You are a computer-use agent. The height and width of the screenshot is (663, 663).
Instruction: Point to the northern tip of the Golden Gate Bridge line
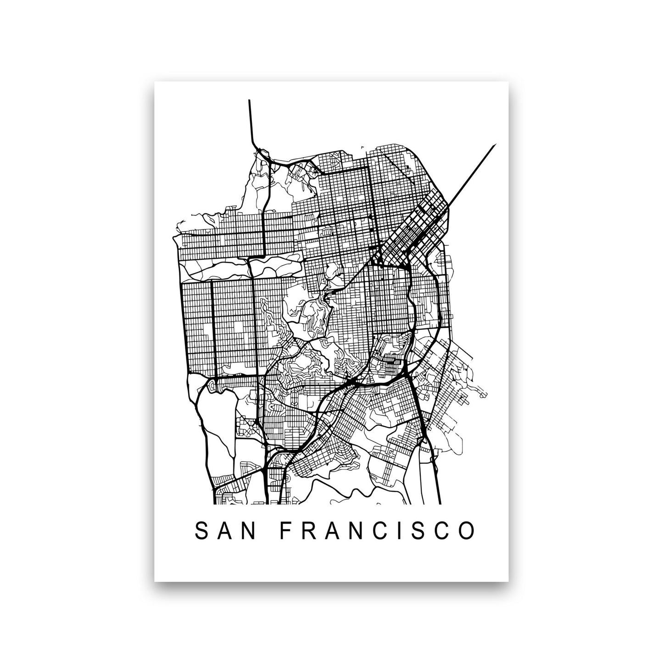[249, 100]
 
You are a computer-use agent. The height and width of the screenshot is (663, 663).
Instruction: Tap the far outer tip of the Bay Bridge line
[496, 145]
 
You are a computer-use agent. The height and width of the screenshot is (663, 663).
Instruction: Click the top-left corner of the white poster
[155, 82]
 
